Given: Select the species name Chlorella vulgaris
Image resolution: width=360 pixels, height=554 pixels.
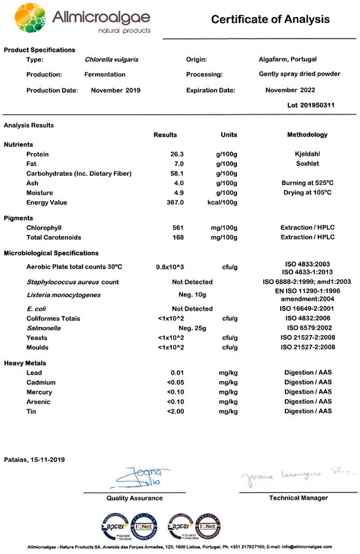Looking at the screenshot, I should pos(112,60).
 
